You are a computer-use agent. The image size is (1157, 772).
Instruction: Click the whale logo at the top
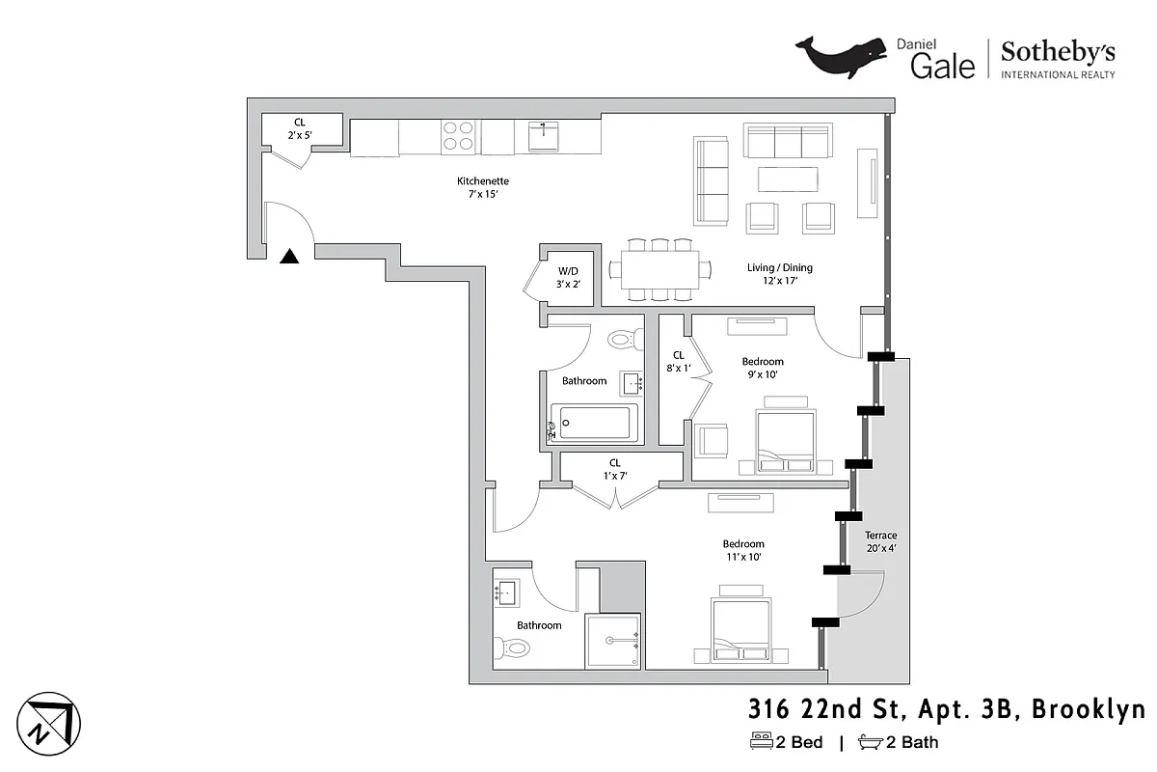tap(841, 57)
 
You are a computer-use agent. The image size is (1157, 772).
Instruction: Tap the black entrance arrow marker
tap(289, 257)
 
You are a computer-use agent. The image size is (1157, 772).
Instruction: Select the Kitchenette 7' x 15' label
tap(482, 187)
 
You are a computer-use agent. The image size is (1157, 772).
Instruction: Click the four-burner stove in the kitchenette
tap(457, 135)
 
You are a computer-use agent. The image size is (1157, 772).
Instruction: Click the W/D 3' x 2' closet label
tap(567, 277)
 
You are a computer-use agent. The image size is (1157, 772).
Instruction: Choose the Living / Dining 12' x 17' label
tap(780, 274)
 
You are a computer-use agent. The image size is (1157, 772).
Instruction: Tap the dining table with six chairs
tap(659, 268)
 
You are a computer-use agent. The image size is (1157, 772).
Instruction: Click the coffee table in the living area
tap(788, 179)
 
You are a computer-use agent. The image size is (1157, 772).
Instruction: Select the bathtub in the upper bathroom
tap(596, 423)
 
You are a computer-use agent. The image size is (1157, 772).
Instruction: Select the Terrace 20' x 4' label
tap(880, 541)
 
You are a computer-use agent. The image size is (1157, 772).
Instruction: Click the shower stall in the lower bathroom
tap(612, 640)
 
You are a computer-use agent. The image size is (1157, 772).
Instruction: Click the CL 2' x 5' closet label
tap(300, 128)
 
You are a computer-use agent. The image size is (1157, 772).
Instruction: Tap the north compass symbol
tap(48, 724)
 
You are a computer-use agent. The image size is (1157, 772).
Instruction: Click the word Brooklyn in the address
tap(1089, 710)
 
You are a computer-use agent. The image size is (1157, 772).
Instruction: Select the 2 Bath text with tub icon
tap(898, 742)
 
